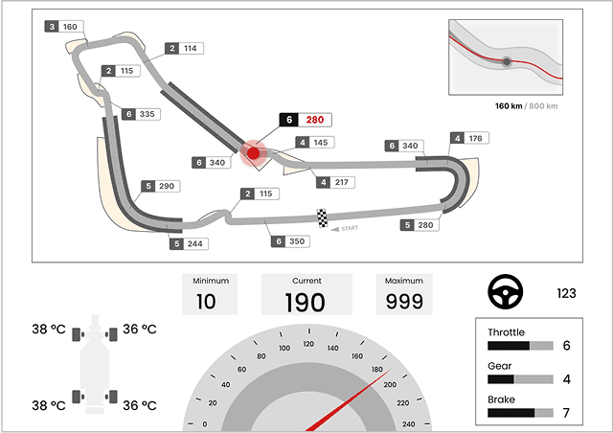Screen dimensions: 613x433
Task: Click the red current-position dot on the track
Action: pyautogui.click(x=253, y=153)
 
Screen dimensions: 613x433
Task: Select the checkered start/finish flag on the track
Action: pyautogui.click(x=322, y=217)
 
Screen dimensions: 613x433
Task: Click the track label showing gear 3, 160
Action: pyautogui.click(x=64, y=27)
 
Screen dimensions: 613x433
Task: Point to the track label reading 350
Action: pyautogui.click(x=290, y=241)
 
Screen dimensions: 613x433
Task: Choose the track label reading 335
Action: pyautogui.click(x=141, y=114)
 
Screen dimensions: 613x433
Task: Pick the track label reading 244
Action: pyautogui.click(x=189, y=243)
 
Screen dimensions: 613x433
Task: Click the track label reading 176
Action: pyautogui.click(x=469, y=138)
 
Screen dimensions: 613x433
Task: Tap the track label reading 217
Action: pyautogui.click(x=335, y=182)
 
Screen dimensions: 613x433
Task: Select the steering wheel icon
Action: pyautogui.click(x=506, y=292)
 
